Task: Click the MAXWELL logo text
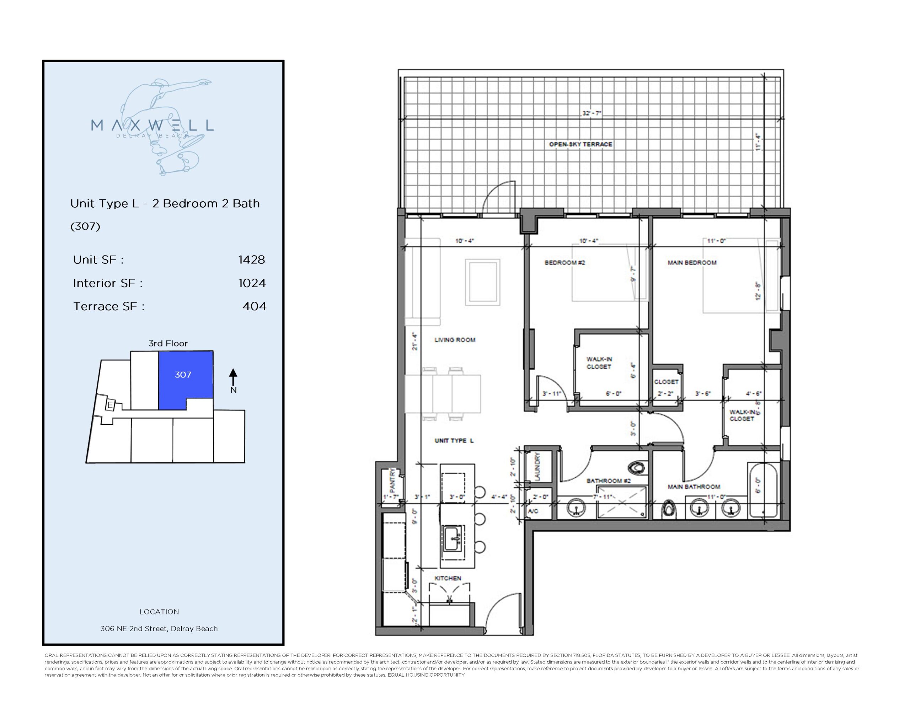click(x=152, y=125)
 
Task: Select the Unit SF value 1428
click(x=251, y=259)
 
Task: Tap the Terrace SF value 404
click(x=254, y=306)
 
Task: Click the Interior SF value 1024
click(x=252, y=283)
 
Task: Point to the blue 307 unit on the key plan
click(x=183, y=375)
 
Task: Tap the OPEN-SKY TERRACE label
click(x=580, y=144)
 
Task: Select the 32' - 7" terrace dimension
click(x=591, y=113)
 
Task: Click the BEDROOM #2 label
click(x=564, y=263)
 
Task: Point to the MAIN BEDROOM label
click(x=692, y=263)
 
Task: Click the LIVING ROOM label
click(x=455, y=340)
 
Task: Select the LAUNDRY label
click(x=537, y=467)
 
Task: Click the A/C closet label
click(x=533, y=511)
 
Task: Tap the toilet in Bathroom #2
click(x=637, y=468)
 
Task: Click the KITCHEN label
click(x=448, y=578)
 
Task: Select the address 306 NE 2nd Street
click(x=159, y=628)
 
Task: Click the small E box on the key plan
click(x=110, y=404)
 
